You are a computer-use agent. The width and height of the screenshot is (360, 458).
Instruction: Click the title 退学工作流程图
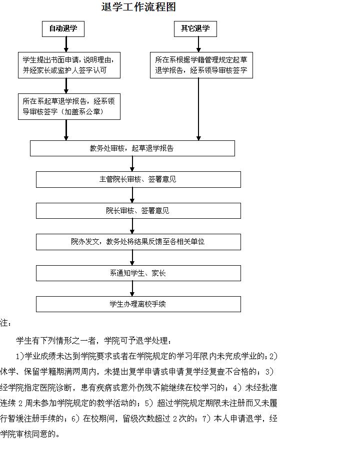(138, 7)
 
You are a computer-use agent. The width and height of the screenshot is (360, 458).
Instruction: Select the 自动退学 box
(63, 29)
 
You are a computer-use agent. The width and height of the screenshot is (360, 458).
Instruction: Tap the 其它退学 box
(195, 29)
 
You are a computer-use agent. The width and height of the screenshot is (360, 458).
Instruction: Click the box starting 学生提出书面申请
(69, 65)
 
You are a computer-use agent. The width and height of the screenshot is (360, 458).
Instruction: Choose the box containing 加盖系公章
(69, 106)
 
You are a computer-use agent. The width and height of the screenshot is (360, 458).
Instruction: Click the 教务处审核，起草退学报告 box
(132, 148)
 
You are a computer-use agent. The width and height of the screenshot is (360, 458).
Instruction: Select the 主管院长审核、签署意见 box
(138, 179)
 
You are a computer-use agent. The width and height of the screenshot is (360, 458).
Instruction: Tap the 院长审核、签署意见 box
(138, 211)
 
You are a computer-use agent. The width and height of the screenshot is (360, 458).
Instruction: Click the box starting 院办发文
(138, 242)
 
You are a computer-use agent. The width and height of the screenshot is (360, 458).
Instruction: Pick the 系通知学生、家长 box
(138, 273)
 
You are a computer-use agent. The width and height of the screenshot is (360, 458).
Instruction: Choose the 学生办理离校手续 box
(138, 304)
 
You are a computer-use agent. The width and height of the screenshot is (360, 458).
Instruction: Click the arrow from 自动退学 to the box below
(66, 44)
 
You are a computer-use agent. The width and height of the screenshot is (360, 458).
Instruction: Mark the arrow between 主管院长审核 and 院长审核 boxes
(132, 195)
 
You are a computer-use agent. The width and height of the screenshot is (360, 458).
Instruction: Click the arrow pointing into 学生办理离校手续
(132, 289)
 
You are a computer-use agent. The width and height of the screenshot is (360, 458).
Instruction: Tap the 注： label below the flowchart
(5, 323)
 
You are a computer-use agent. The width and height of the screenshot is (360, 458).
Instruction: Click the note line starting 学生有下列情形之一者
(94, 341)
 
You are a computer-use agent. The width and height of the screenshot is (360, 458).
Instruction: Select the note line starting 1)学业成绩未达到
(147, 357)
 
